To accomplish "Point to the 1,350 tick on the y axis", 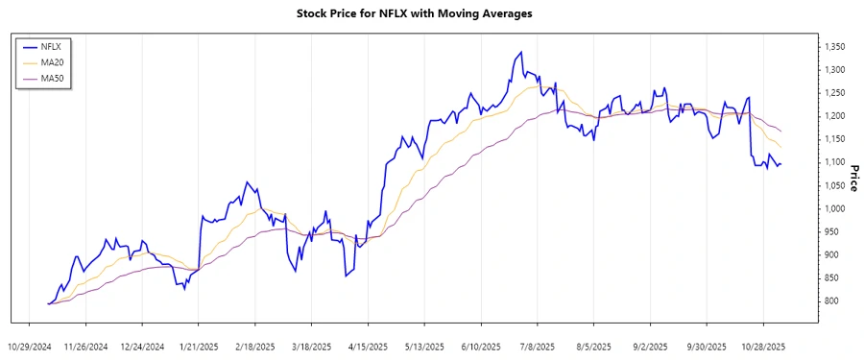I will coord(835,46).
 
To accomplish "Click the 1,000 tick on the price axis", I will coord(835,208).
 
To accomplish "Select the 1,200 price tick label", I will coord(835,116).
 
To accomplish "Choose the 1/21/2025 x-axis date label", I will coord(196,347).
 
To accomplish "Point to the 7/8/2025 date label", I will coord(537,347).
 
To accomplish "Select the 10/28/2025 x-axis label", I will coord(764,347).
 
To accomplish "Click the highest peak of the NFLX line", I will coord(521,52).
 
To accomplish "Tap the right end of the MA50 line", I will coord(781,131).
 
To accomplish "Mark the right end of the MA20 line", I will coord(781,147).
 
